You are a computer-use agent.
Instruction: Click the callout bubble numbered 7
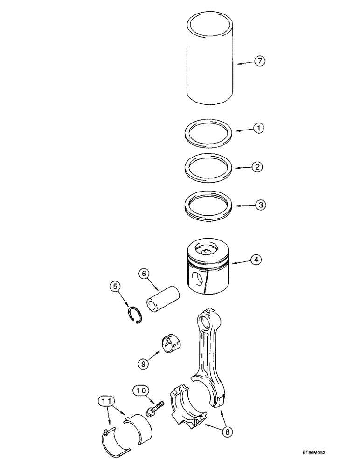[260, 61]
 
